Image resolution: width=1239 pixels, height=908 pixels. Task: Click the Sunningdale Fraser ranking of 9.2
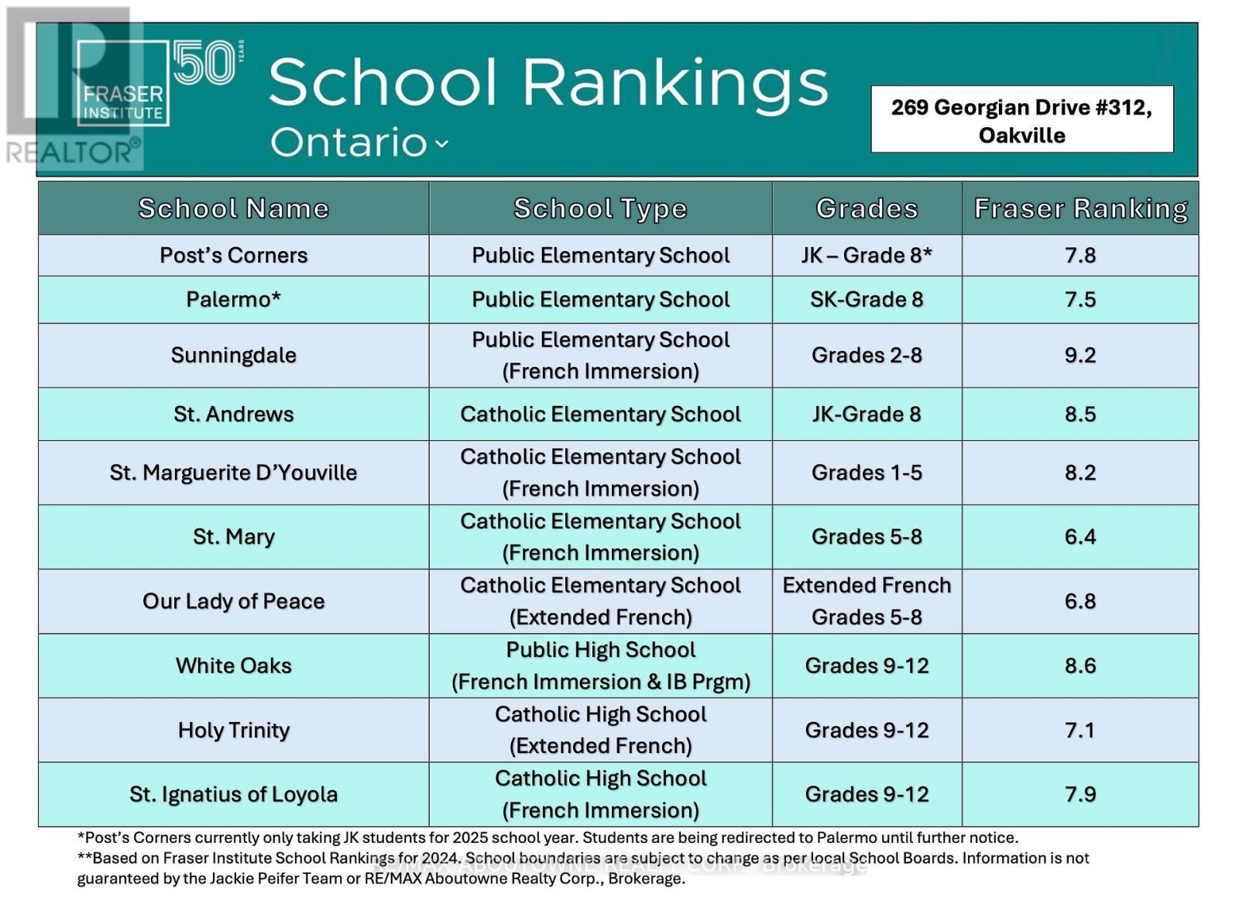pyautogui.click(x=1079, y=356)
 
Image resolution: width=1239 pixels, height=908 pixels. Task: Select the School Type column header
pyautogui.click(x=600, y=209)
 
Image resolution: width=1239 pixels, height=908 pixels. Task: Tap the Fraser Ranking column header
pyautogui.click(x=1081, y=209)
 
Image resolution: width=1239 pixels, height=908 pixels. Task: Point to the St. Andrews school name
pyautogui.click(x=233, y=414)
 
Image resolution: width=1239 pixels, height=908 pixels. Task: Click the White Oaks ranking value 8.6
pyautogui.click(x=1079, y=666)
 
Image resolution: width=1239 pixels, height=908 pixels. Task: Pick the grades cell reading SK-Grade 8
pyautogui.click(x=867, y=299)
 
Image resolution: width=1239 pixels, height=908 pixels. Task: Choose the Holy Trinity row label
pyautogui.click(x=233, y=731)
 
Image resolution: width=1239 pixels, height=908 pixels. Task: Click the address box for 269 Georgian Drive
pyautogui.click(x=1022, y=119)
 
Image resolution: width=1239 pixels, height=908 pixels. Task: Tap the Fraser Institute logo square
pyautogui.click(x=123, y=83)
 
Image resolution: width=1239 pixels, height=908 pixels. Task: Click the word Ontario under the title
pyautogui.click(x=348, y=142)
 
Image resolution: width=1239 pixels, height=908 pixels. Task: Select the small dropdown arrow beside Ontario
pyautogui.click(x=441, y=144)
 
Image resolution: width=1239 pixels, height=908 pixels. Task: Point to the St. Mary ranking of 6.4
pyautogui.click(x=1079, y=537)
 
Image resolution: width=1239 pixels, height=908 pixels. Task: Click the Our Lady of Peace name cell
pyautogui.click(x=233, y=601)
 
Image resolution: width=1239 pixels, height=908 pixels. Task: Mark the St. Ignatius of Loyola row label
pyautogui.click(x=233, y=795)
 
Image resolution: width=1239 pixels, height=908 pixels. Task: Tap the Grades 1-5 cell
pyautogui.click(x=867, y=473)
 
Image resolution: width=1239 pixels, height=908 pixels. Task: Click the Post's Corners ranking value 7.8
pyautogui.click(x=1079, y=256)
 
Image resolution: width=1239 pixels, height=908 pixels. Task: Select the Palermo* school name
pyautogui.click(x=233, y=299)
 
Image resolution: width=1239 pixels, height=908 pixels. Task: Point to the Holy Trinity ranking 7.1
pyautogui.click(x=1079, y=731)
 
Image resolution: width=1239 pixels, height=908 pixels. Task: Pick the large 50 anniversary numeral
pyautogui.click(x=204, y=62)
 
